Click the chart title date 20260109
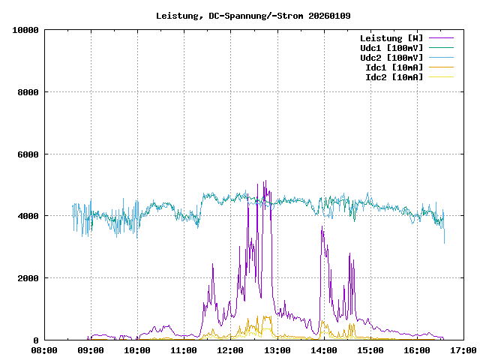pos(330,15)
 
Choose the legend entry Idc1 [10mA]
pos(394,67)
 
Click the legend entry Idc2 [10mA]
pos(394,77)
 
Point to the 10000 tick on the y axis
pos(25,30)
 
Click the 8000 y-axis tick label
pos(28,92)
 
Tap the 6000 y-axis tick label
pos(28,154)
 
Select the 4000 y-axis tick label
pos(28,216)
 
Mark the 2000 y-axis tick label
pos(28,278)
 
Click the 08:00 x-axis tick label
pos(44,350)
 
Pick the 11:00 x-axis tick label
pos(184,350)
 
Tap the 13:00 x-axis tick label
pos(277,350)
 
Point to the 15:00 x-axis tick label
pos(370,350)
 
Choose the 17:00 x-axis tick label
pos(463,350)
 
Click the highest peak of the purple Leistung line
pos(265,181)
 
